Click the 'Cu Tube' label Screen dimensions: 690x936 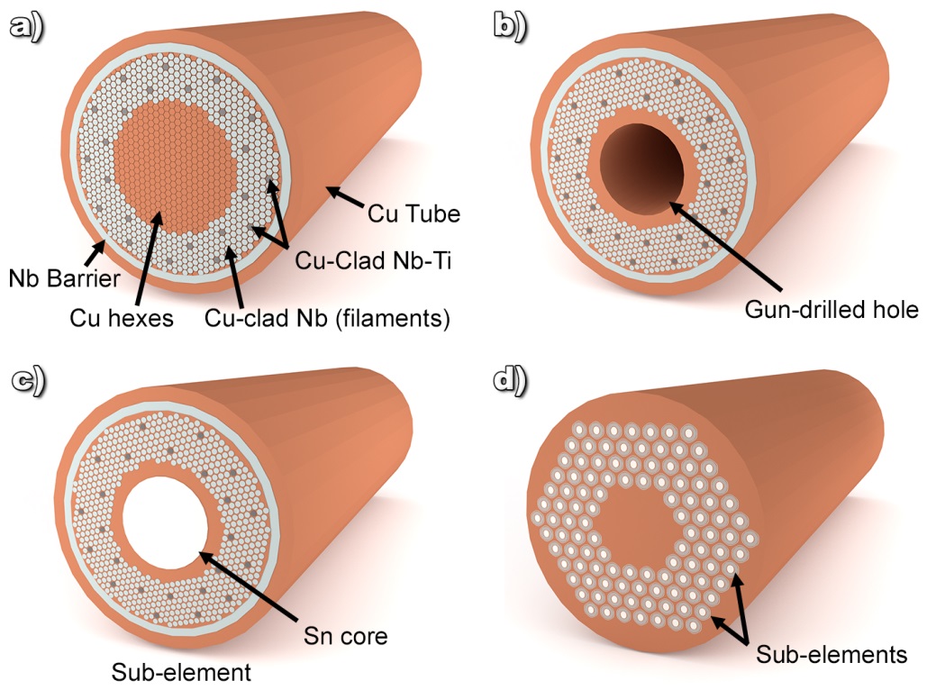pos(414,214)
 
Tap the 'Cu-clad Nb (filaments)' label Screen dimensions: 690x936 pos(328,318)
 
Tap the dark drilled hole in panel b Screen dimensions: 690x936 pos(644,168)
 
